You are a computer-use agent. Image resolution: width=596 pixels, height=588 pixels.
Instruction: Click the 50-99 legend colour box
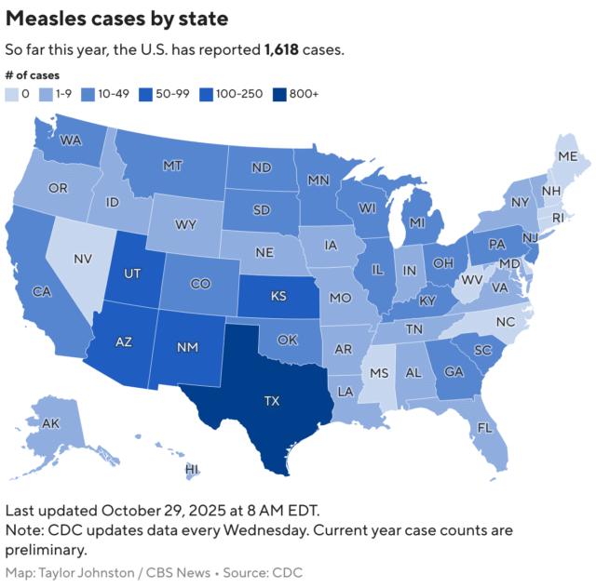[x=145, y=93]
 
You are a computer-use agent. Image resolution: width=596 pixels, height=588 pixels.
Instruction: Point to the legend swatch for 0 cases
[x=11, y=93]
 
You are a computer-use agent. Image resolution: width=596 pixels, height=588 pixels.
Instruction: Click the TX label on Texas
[x=271, y=401]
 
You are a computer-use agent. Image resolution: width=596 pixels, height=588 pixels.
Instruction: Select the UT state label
[x=131, y=273]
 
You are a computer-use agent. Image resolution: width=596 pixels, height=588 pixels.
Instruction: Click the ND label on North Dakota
[x=261, y=168]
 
